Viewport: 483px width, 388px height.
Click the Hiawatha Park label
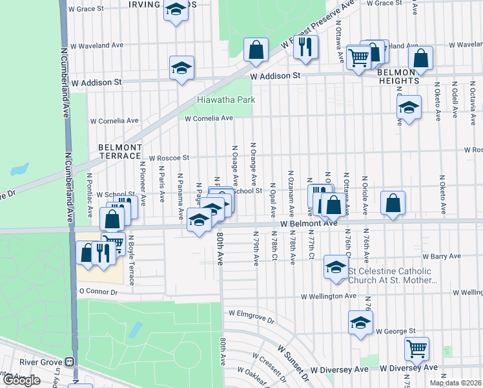tap(226, 100)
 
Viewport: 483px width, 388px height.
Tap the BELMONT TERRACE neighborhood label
tap(119, 151)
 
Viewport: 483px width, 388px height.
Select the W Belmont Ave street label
tap(309, 222)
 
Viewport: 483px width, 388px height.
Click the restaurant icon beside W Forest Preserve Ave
tap(306, 47)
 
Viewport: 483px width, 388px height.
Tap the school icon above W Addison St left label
tap(182, 67)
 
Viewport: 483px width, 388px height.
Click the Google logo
tap(21, 380)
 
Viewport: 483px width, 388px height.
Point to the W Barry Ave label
tap(439, 256)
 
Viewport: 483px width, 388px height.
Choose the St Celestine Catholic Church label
tap(393, 275)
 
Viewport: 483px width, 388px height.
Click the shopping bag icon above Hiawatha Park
tap(256, 49)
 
